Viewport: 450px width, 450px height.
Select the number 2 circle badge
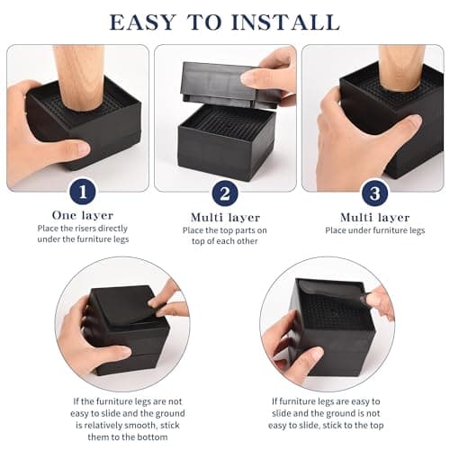click(225, 193)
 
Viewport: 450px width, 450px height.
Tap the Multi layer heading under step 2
click(225, 217)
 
